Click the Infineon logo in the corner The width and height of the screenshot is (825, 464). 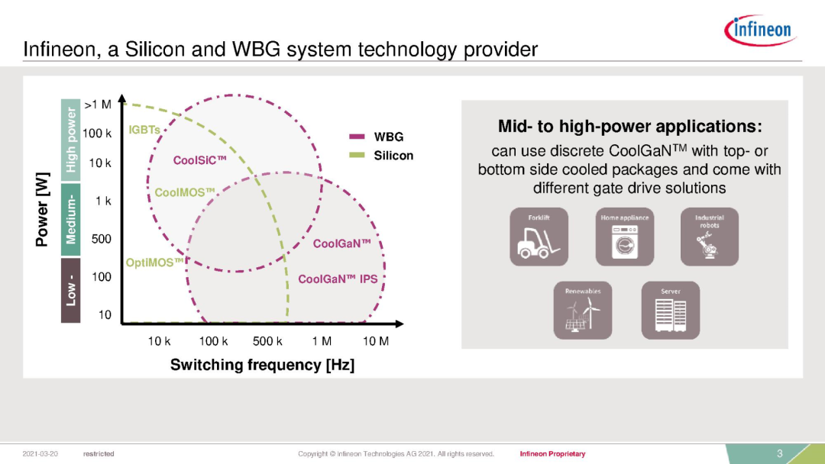click(760, 30)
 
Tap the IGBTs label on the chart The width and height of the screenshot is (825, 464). click(144, 130)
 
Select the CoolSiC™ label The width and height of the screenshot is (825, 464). click(200, 160)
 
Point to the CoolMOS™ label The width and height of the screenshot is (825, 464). click(185, 192)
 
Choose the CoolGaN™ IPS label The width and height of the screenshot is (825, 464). click(338, 279)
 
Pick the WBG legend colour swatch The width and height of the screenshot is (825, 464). click(357, 137)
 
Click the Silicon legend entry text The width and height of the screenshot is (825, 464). click(393, 156)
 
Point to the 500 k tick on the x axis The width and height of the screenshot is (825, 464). click(267, 341)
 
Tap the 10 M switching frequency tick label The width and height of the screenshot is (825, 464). click(376, 341)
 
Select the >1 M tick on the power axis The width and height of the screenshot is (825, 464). click(98, 105)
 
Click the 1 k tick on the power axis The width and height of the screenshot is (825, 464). click(103, 201)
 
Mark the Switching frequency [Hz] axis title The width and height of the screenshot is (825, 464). click(262, 365)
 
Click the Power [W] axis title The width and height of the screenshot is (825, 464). click(42, 209)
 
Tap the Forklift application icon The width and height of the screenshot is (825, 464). click(539, 237)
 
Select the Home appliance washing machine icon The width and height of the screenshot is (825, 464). click(625, 237)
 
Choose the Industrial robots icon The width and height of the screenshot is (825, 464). click(709, 237)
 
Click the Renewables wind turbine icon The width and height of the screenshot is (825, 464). click(582, 310)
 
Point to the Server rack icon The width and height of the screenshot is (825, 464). click(671, 310)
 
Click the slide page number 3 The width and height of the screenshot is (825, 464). click(780, 453)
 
